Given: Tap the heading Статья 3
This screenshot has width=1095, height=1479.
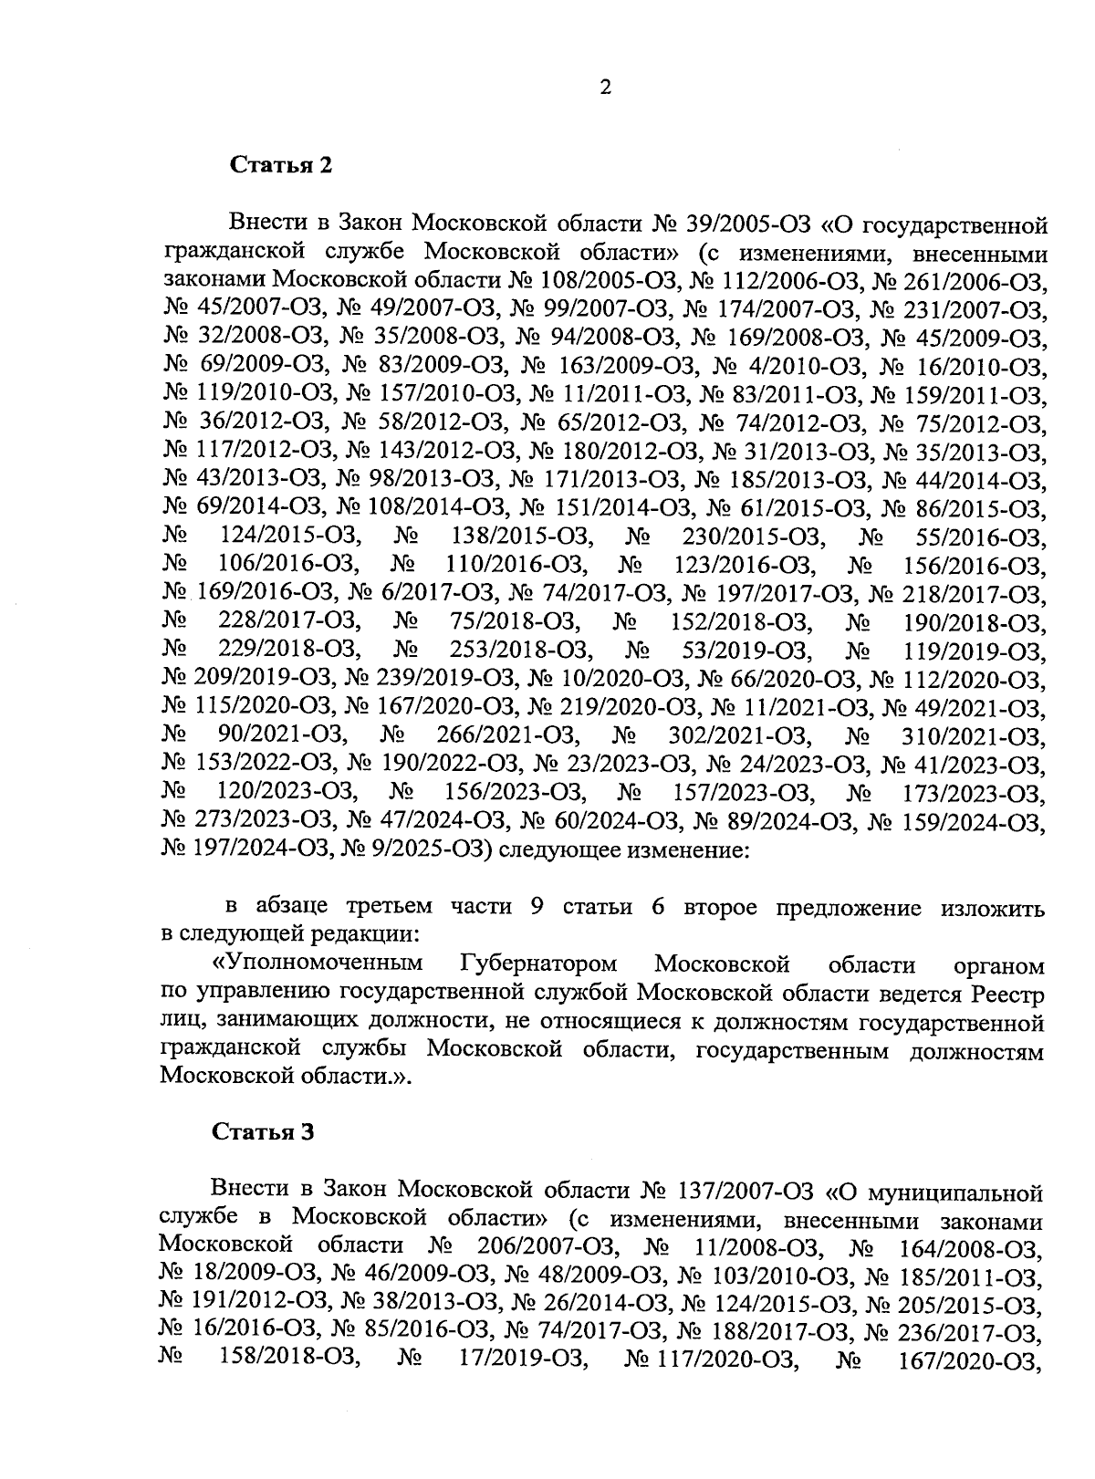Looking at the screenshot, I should pyautogui.click(x=263, y=1132).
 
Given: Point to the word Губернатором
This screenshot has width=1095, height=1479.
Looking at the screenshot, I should pyautogui.click(x=538, y=964).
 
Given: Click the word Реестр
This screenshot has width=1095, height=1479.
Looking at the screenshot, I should pyautogui.click(x=1008, y=993).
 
